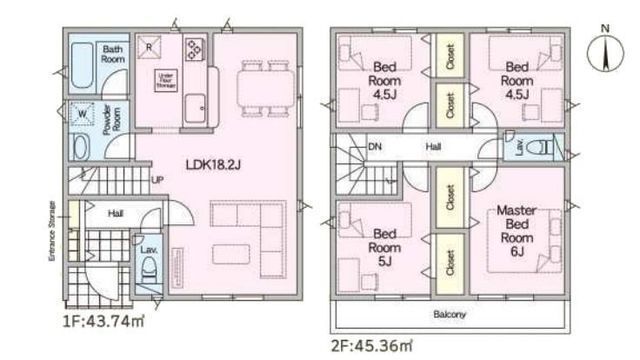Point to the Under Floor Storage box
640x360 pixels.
[x=165, y=82]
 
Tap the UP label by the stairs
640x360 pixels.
[x=157, y=180]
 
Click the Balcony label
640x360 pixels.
[x=449, y=314]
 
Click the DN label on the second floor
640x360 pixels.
[x=377, y=146]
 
